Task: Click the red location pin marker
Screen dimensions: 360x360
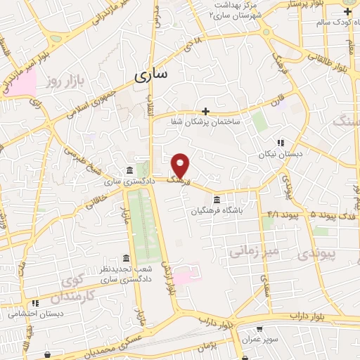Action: (x=181, y=165)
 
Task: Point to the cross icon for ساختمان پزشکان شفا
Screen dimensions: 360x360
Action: (x=205, y=110)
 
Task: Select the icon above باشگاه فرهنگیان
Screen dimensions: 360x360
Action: (x=216, y=199)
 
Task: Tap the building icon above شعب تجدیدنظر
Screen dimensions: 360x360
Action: (x=126, y=257)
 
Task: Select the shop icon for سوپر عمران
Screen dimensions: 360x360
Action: (x=259, y=328)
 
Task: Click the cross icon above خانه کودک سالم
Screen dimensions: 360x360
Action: (x=347, y=12)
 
